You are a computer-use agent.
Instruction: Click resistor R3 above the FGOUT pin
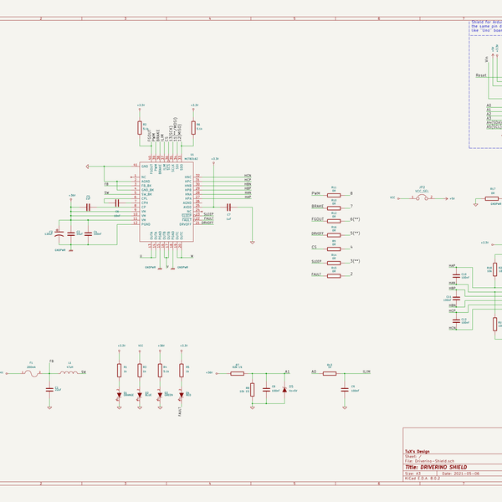(x=140, y=127)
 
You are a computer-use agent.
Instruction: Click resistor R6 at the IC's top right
(x=194, y=127)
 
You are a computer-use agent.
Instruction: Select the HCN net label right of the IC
(x=248, y=176)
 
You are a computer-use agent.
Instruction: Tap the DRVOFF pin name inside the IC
(x=188, y=224)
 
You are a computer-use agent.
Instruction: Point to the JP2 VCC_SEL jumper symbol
(x=422, y=197)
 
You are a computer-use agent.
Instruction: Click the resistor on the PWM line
(x=334, y=193)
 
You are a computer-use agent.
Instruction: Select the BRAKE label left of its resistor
(x=316, y=205)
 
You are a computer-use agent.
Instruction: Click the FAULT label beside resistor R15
(x=316, y=274)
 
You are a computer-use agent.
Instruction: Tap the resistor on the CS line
(x=334, y=248)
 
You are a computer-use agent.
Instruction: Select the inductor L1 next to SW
(x=70, y=372)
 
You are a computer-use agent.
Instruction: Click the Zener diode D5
(x=284, y=389)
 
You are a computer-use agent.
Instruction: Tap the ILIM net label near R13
(x=366, y=371)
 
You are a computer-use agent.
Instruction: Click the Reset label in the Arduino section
(x=481, y=75)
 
